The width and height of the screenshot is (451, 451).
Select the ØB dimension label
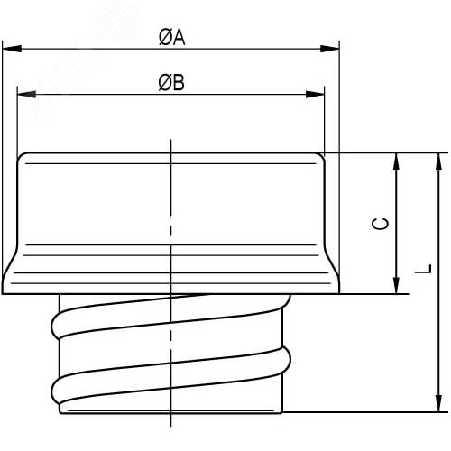171,83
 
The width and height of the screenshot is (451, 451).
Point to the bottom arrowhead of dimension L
438,405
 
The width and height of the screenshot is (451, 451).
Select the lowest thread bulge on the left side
56,389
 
